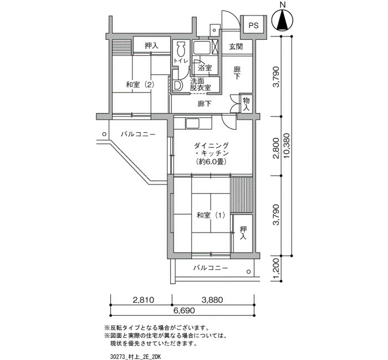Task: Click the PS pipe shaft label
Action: coord(253,25)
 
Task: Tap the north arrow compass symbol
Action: coord(283,20)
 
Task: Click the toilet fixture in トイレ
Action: coord(181,49)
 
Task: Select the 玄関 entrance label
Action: coord(236,47)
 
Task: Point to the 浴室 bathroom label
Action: coord(205,68)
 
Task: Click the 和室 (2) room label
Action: coord(140,85)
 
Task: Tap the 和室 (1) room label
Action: coord(211,215)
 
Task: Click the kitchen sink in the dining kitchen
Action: coord(193,124)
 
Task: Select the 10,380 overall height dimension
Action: coord(287,146)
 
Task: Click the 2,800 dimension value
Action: coord(276,148)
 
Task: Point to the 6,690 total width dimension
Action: coord(183,310)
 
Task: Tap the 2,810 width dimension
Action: coord(144,300)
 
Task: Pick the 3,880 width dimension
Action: coord(212,300)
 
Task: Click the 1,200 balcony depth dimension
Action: coord(276,269)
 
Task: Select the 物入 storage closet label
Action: coord(246,104)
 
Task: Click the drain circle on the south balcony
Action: coord(249,272)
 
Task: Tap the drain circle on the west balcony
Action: coord(104,134)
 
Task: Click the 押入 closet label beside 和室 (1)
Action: coord(243,233)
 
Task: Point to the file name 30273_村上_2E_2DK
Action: coord(136,357)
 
